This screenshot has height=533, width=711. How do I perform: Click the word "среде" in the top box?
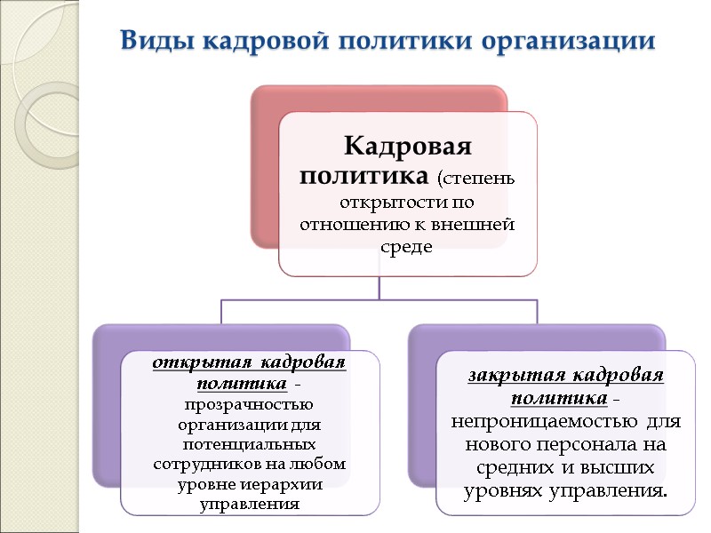click(407, 245)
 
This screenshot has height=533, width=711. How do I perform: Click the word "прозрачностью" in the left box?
click(249, 404)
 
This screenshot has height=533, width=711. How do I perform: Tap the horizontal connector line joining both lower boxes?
click(380, 299)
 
